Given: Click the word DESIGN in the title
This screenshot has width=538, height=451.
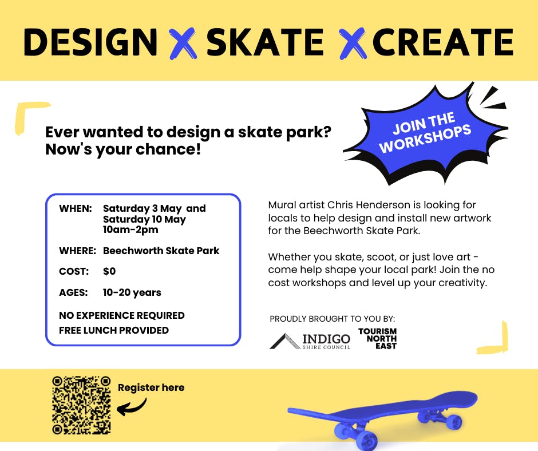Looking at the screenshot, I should point(90,42).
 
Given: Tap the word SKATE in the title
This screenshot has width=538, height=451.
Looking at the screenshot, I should point(265,42).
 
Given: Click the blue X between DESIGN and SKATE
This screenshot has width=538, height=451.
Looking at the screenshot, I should point(183,43).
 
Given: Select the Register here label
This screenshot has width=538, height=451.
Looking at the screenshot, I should point(151,387).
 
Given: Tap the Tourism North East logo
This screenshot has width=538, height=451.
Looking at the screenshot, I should point(377,339).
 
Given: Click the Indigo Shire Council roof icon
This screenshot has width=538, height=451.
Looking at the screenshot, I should point(284,341).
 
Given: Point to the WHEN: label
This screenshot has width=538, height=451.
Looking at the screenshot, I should point(75,208).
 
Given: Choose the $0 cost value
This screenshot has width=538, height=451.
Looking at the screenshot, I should point(109,271).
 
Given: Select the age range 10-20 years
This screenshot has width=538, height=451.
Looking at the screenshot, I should point(132,292).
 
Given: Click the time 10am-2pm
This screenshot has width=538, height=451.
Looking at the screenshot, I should point(130,230).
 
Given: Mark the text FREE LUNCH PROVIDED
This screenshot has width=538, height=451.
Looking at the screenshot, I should point(114,330).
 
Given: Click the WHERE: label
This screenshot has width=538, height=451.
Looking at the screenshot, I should point(77,251).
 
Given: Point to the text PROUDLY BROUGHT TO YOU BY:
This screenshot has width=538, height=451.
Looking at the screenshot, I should point(332,319).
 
